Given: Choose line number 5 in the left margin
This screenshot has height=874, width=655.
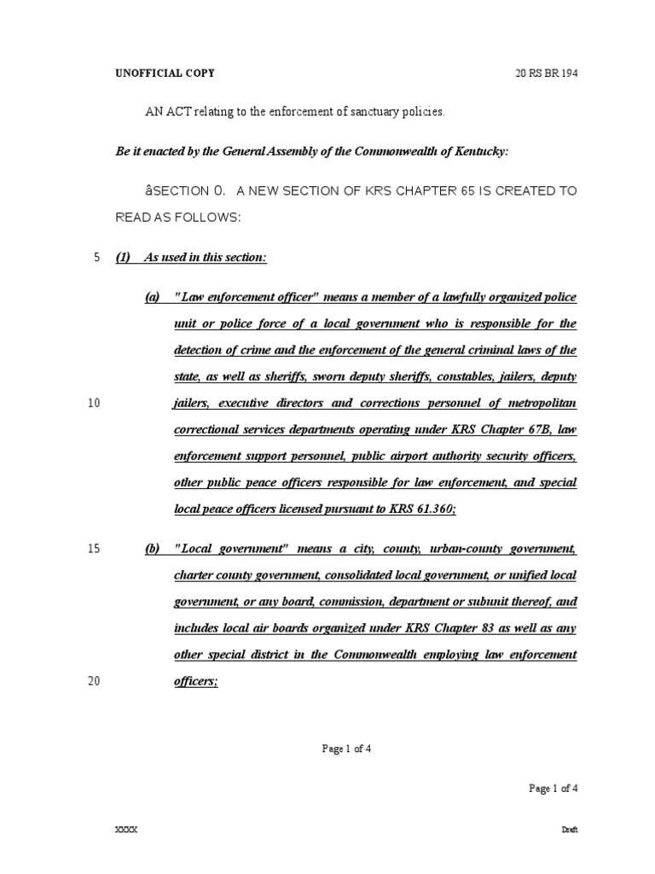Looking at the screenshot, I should pyautogui.click(x=96, y=257).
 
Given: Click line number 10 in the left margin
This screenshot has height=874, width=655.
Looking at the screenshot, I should pyautogui.click(x=94, y=404).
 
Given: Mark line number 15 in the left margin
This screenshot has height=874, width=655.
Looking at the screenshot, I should pyautogui.click(x=94, y=549).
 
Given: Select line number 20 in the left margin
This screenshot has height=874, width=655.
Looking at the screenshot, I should pyautogui.click(x=94, y=682).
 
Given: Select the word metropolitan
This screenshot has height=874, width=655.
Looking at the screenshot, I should pyautogui.click(x=542, y=404).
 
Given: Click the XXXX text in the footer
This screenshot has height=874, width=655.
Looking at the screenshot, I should pyautogui.click(x=126, y=830).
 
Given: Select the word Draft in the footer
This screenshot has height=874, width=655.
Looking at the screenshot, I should pyautogui.click(x=570, y=830).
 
